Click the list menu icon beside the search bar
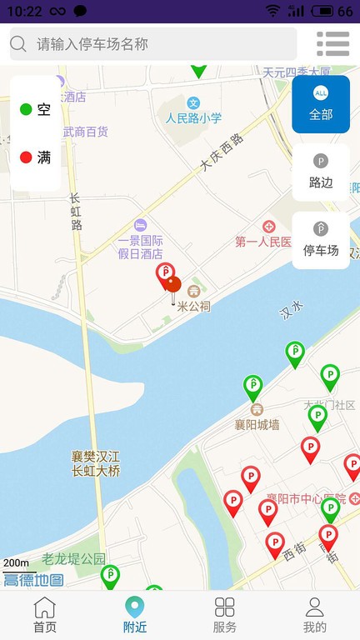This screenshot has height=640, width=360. pyautogui.click(x=332, y=44)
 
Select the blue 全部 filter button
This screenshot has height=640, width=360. pyautogui.click(x=321, y=104)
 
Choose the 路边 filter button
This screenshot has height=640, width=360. pyautogui.click(x=321, y=172)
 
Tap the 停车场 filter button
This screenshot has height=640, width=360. pyautogui.click(x=321, y=240)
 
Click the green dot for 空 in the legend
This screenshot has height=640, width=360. pyautogui.click(x=26, y=109)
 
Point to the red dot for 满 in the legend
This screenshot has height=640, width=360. pyautogui.click(x=26, y=157)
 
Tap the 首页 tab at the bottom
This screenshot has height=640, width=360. pyautogui.click(x=45, y=615)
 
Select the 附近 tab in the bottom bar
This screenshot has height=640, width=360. pyautogui.click(x=134, y=615)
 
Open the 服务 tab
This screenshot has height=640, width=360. pyautogui.click(x=225, y=615)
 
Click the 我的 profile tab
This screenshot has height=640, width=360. pyautogui.click(x=314, y=615)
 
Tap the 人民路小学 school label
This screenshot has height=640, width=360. pyautogui.click(x=193, y=117)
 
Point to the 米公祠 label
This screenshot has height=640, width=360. pyautogui.click(x=194, y=306)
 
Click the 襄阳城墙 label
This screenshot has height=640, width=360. pyautogui.click(x=257, y=424)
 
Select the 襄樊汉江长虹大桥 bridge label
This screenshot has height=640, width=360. pyautogui.click(x=96, y=464)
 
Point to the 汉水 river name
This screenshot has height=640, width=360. pyautogui.click(x=292, y=312)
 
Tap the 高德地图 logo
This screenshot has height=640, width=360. pyautogui.click(x=33, y=580)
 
